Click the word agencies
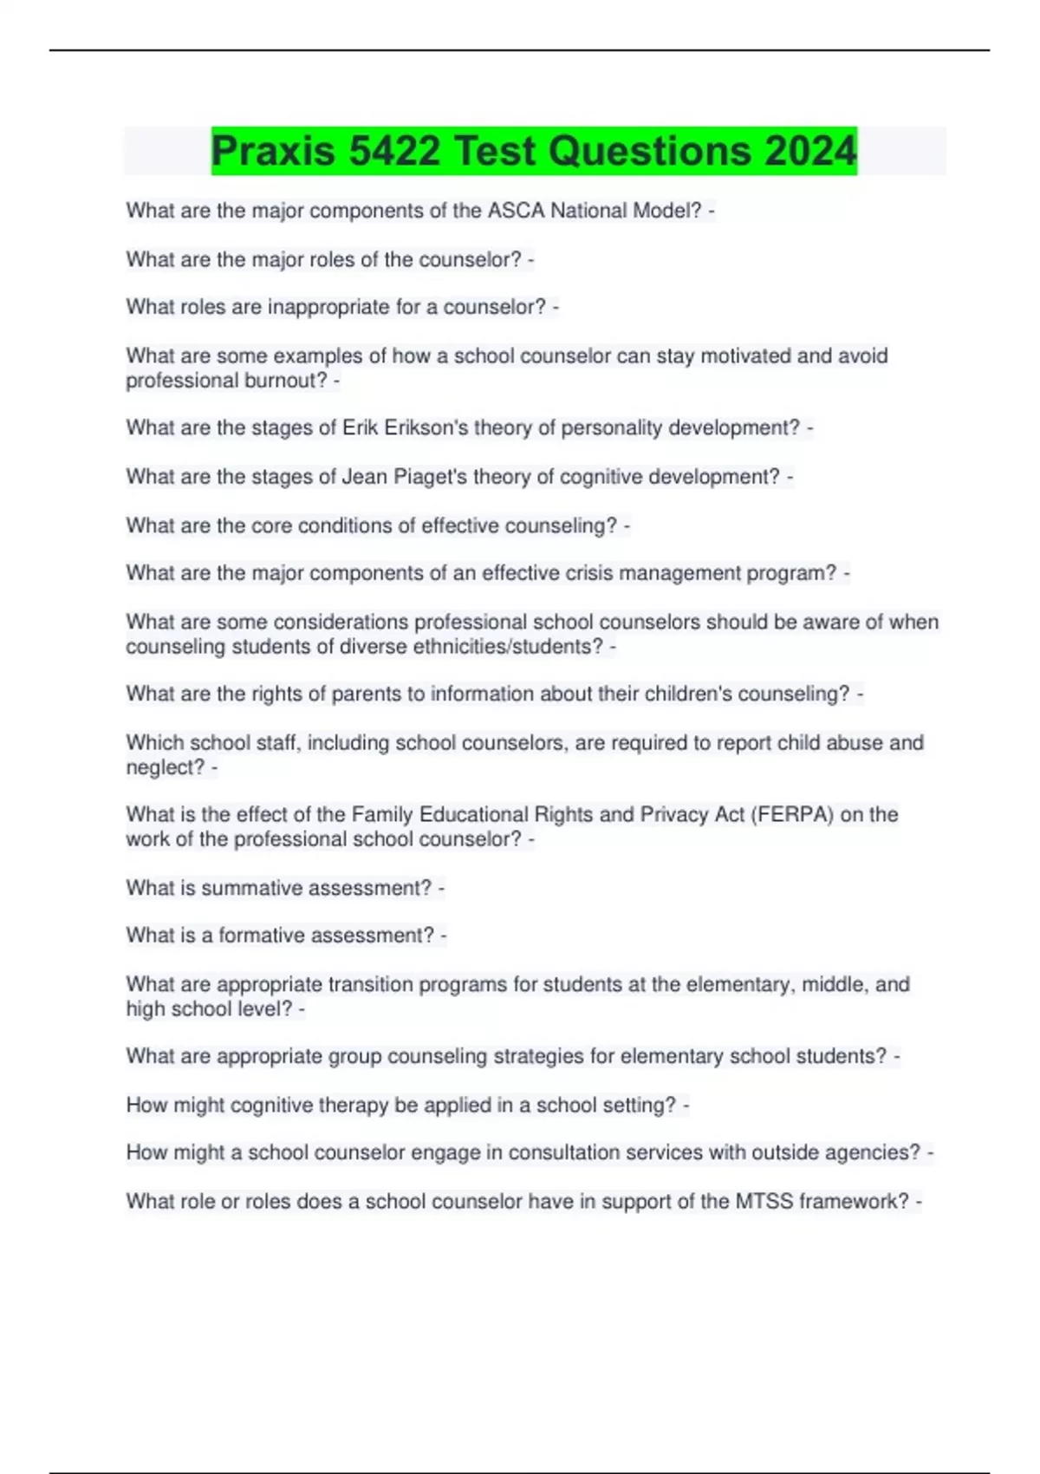click(877, 1153)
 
